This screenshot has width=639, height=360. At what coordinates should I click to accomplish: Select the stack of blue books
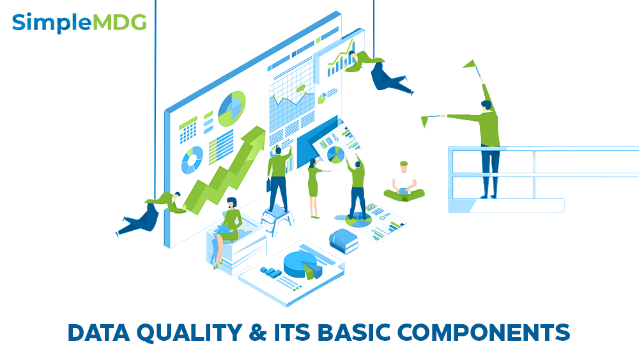tap(343, 240)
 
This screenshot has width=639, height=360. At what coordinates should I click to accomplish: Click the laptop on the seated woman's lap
tap(224, 230)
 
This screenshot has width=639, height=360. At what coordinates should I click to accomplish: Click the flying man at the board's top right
tap(380, 72)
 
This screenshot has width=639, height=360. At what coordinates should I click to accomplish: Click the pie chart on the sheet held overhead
tap(335, 154)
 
